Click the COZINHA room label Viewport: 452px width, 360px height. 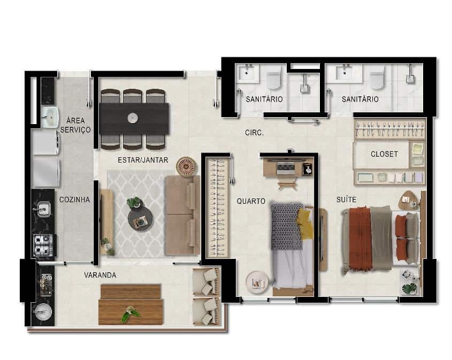(x=74, y=200)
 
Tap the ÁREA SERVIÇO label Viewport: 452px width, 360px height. (x=75, y=125)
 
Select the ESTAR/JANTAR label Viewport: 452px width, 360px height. (x=143, y=160)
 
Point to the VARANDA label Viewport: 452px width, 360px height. (x=100, y=275)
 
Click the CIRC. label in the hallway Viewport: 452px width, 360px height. (x=254, y=133)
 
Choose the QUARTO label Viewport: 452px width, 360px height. (x=251, y=201)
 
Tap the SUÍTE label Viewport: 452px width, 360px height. (x=346, y=200)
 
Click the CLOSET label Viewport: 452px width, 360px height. (x=384, y=154)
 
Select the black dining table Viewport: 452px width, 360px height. (x=134, y=118)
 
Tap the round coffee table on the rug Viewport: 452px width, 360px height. (x=140, y=219)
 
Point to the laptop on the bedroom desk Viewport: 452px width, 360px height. (x=286, y=168)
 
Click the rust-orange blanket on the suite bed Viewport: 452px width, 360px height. (x=361, y=239)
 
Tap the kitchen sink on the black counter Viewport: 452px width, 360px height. (x=43, y=209)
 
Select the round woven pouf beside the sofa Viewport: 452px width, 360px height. (x=187, y=167)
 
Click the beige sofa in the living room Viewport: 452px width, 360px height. (x=182, y=216)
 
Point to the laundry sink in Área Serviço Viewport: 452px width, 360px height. (x=50, y=117)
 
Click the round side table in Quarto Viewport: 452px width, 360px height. (x=257, y=282)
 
